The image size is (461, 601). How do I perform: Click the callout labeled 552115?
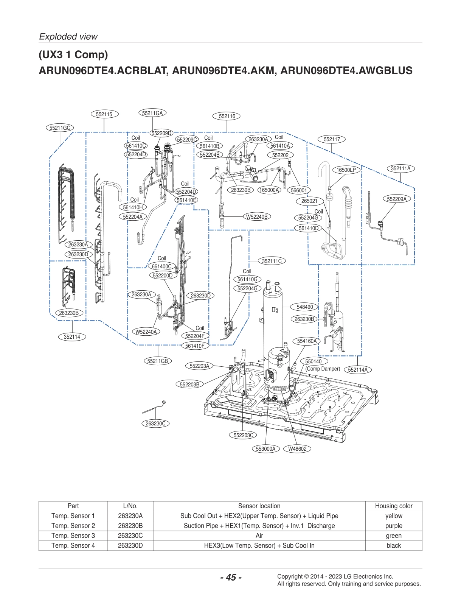tap(104, 114)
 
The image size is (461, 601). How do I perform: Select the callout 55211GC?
tap(60, 128)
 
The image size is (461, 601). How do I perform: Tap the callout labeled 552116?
tap(227, 116)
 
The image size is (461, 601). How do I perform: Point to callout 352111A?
tap(400, 168)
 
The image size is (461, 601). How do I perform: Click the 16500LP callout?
tap(346, 170)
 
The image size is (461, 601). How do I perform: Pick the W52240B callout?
tap(257, 217)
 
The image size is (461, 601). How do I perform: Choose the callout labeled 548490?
tap(305, 307)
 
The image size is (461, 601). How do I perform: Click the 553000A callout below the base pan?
tap(265, 449)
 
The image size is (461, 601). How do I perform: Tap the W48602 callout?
tap(297, 449)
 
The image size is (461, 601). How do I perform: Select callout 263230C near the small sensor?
tap(155, 424)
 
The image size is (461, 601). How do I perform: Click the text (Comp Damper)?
tap(323, 369)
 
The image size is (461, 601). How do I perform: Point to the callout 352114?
tap(72, 337)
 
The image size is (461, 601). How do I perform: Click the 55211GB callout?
tap(158, 361)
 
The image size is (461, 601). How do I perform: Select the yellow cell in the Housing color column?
tap(393, 516)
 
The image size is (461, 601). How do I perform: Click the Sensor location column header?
tap(259, 506)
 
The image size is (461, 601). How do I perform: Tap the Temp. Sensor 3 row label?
tap(73, 536)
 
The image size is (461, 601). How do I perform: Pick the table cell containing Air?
tap(259, 536)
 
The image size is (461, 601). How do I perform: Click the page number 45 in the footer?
tap(231, 577)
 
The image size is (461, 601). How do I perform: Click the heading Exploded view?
tap(68, 37)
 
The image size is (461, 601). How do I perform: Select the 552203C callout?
tap(243, 435)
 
